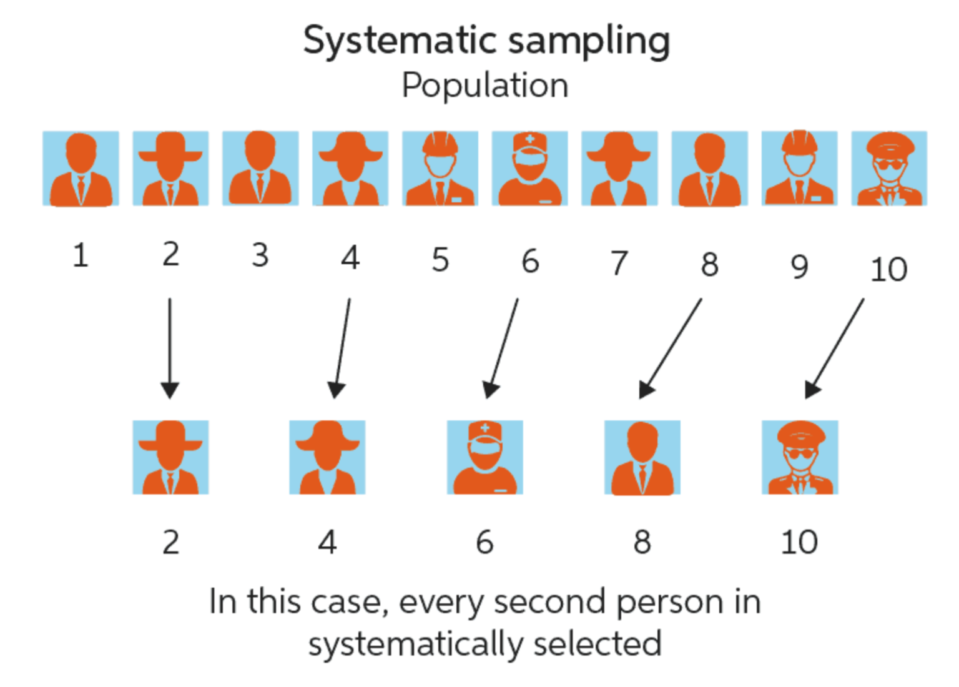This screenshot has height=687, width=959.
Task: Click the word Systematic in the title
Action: (x=400, y=41)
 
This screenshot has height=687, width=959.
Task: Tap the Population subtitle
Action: (x=485, y=86)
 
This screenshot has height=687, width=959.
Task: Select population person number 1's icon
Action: (x=81, y=169)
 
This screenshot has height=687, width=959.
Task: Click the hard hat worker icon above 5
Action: (x=440, y=169)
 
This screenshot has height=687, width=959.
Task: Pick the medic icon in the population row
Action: (x=529, y=169)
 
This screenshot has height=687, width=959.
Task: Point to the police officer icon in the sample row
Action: (x=799, y=458)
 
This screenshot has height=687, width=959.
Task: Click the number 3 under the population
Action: (x=260, y=255)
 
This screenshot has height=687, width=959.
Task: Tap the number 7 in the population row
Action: (x=619, y=263)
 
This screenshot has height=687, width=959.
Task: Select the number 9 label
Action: (x=799, y=267)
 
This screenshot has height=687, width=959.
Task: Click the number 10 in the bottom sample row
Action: (x=799, y=542)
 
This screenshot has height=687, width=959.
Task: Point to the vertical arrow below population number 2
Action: (x=170, y=347)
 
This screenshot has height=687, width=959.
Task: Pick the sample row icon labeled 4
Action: (x=327, y=458)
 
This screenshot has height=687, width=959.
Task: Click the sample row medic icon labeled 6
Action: (x=484, y=458)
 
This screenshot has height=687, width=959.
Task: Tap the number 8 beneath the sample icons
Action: (x=642, y=542)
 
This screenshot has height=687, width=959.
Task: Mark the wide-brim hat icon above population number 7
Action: (x=619, y=169)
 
